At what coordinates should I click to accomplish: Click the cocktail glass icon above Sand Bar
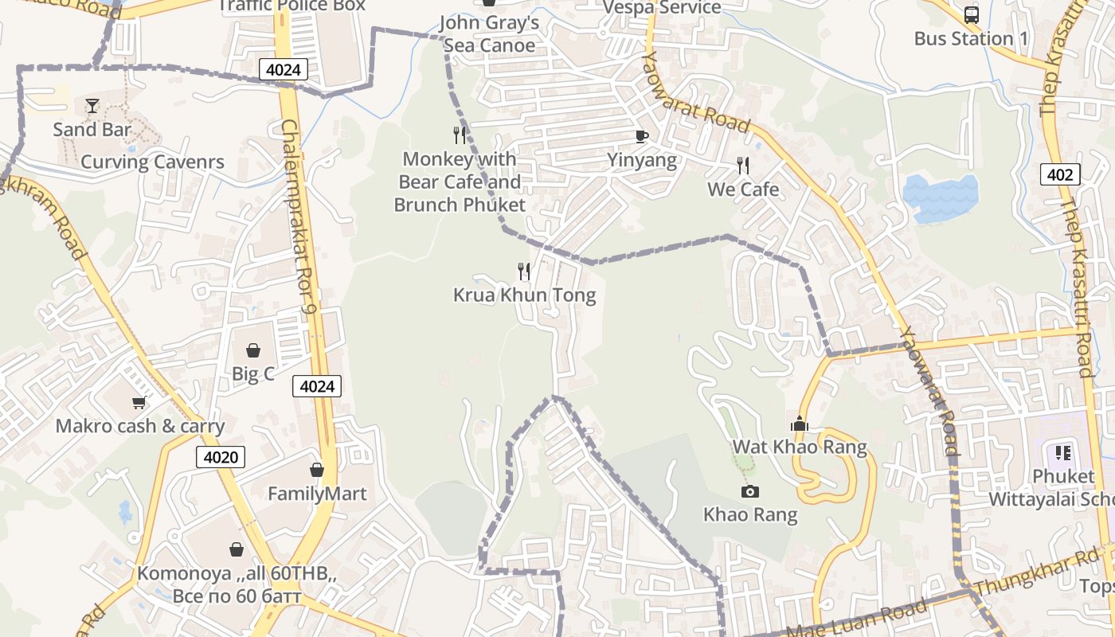pos(92,105)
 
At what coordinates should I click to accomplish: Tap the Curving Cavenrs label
pos(152,162)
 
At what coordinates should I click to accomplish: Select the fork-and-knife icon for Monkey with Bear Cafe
pos(460,135)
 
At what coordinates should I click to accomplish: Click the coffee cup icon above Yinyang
pos(642,136)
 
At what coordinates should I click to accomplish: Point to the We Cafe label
pos(743,190)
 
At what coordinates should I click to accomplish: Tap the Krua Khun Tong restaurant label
pos(524,295)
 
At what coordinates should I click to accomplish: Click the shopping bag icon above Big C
pos(253,350)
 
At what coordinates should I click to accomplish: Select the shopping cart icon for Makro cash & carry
pos(139,402)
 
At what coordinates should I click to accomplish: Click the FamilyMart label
pos(317,494)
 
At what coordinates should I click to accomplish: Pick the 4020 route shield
pos(221,457)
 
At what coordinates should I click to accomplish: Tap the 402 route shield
pos(1060,174)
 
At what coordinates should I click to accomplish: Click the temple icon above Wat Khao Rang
pos(800,424)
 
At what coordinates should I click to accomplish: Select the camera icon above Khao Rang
pos(749,491)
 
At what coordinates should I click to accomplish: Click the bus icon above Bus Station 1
pos(971,14)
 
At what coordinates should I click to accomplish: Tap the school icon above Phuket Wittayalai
pos(1063,453)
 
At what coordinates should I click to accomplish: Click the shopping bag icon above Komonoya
pos(237,549)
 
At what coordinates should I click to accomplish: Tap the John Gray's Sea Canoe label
pos(489,34)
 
